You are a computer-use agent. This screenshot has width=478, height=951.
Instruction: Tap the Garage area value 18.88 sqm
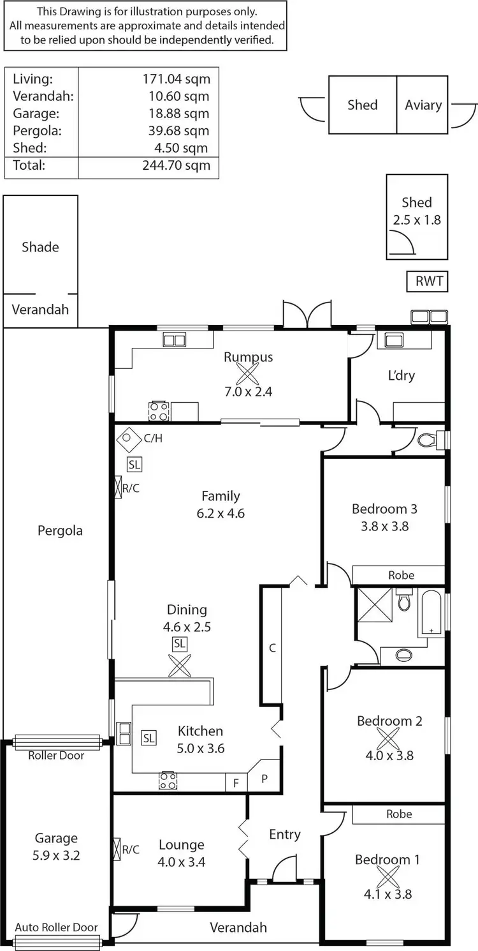click(175, 113)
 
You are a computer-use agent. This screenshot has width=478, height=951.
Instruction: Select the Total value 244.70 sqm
click(175, 165)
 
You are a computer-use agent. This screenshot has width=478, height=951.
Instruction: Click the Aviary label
click(423, 105)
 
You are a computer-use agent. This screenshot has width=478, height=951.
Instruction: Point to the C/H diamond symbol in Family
click(127, 438)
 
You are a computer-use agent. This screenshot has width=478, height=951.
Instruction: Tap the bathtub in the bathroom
click(431, 613)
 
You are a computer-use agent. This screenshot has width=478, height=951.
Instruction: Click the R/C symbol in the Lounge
click(117, 849)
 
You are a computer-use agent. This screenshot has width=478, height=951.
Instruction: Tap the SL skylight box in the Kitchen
click(148, 738)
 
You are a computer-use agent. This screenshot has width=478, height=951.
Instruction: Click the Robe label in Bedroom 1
click(399, 814)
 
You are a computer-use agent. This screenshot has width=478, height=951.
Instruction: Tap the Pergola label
click(60, 530)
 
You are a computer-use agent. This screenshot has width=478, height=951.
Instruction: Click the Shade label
click(40, 247)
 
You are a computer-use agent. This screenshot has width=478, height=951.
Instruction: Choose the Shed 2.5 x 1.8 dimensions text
click(417, 220)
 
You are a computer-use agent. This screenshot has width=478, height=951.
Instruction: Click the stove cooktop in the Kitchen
click(168, 780)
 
